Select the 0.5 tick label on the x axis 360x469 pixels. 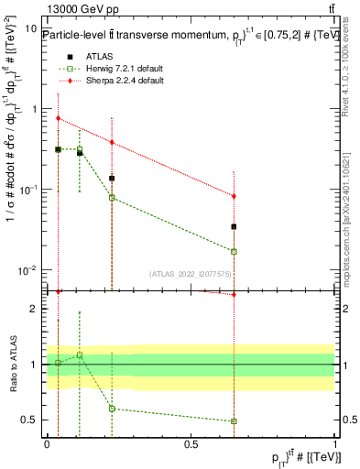191,442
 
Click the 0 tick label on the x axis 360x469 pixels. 47,442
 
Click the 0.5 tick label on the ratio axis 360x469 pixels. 27,420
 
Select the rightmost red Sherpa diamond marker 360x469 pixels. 235,196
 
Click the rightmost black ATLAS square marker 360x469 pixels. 235,226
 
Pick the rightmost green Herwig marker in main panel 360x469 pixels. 235,251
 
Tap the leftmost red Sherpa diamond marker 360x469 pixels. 59,118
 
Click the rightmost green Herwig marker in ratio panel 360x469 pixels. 235,421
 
